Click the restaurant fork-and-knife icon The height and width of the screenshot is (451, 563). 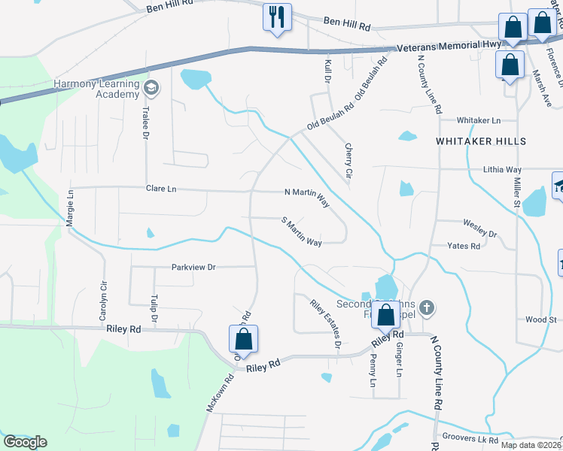click(277, 17)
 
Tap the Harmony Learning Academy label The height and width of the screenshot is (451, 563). click(96, 89)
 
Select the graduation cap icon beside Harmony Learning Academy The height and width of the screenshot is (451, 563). click(151, 89)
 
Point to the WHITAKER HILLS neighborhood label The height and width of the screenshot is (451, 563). click(479, 141)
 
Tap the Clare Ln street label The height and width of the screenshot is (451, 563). click(161, 189)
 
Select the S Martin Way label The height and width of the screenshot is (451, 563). click(302, 232)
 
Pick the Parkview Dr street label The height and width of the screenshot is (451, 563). click(193, 267)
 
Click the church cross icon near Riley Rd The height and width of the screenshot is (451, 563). click(427, 307)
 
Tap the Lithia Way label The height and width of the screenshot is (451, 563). click(502, 170)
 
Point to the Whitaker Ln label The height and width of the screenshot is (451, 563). click(479, 120)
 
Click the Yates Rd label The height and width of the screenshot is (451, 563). click(464, 246)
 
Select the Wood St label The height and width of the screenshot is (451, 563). click(540, 319)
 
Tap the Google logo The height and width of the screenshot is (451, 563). click(25, 441)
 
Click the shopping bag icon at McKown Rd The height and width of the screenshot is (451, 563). click(243, 339)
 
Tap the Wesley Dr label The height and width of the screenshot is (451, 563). click(479, 229)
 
